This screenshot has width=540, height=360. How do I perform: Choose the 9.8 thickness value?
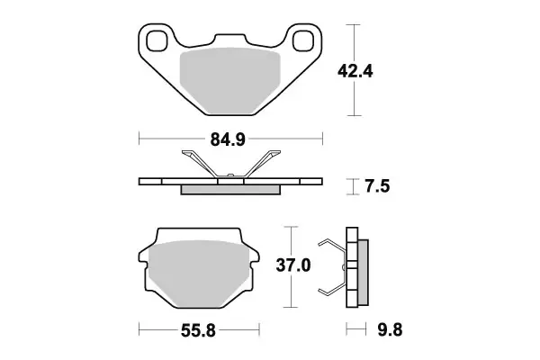(384, 330)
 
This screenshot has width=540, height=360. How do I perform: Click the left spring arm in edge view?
(200, 165)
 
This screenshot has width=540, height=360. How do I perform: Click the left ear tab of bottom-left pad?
(144, 256)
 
